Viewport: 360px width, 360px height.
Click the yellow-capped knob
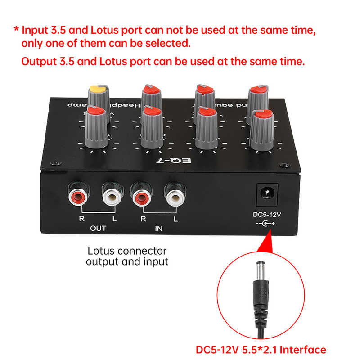(x=99, y=95)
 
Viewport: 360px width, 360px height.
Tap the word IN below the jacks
(x=158, y=229)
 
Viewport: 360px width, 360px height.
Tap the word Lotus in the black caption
(x=102, y=251)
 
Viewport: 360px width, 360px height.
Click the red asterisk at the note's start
(x=16, y=31)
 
